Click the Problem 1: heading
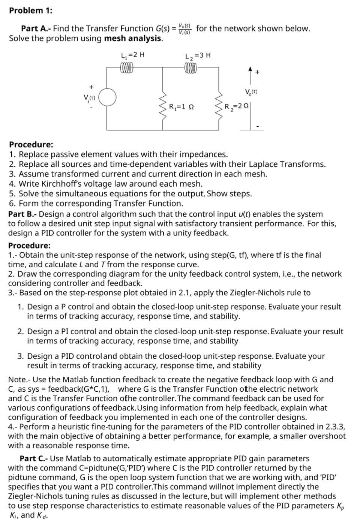tap(31, 10)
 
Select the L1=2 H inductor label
tap(132, 55)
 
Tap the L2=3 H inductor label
tap(198, 56)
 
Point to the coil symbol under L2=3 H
tap(190, 68)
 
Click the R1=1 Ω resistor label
tap(181, 107)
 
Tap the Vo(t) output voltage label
tap(251, 91)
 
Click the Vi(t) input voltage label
tap(90, 98)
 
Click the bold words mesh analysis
tap(133, 39)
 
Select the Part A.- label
tap(36, 28)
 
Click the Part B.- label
tap(22, 214)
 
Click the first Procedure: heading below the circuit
tap(31, 145)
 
